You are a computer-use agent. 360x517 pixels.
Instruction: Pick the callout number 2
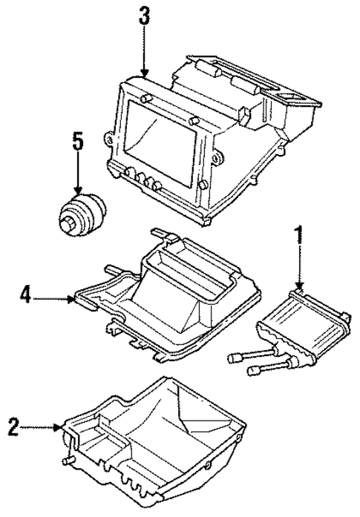(x=13, y=427)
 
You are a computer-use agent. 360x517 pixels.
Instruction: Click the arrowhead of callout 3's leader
(x=143, y=74)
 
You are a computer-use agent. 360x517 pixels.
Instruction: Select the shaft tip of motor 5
(x=70, y=222)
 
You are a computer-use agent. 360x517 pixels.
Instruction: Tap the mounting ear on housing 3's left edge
(x=111, y=138)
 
